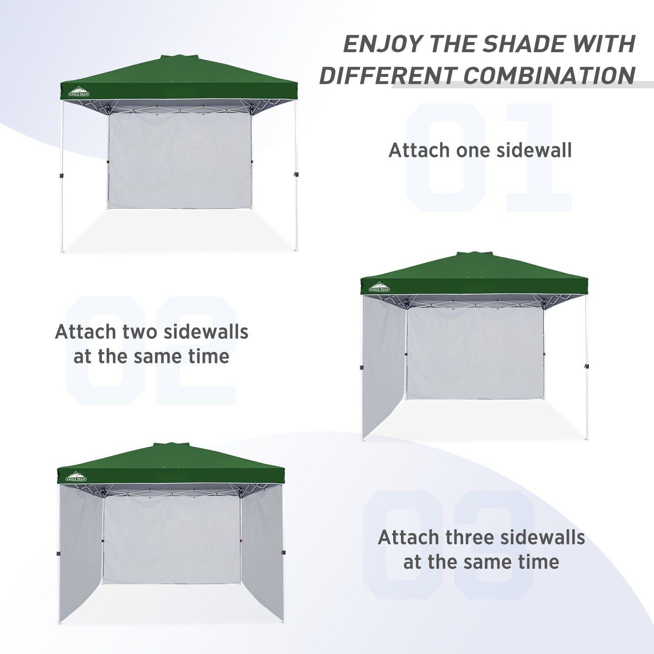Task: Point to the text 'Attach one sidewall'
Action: click(x=480, y=150)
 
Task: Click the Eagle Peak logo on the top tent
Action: click(x=77, y=91)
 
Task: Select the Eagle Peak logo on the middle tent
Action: click(x=379, y=287)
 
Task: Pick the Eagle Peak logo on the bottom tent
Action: click(x=76, y=477)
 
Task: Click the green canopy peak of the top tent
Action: click(x=179, y=57)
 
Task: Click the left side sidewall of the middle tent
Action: click(x=384, y=366)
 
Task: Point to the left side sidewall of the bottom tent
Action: click(x=81, y=554)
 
